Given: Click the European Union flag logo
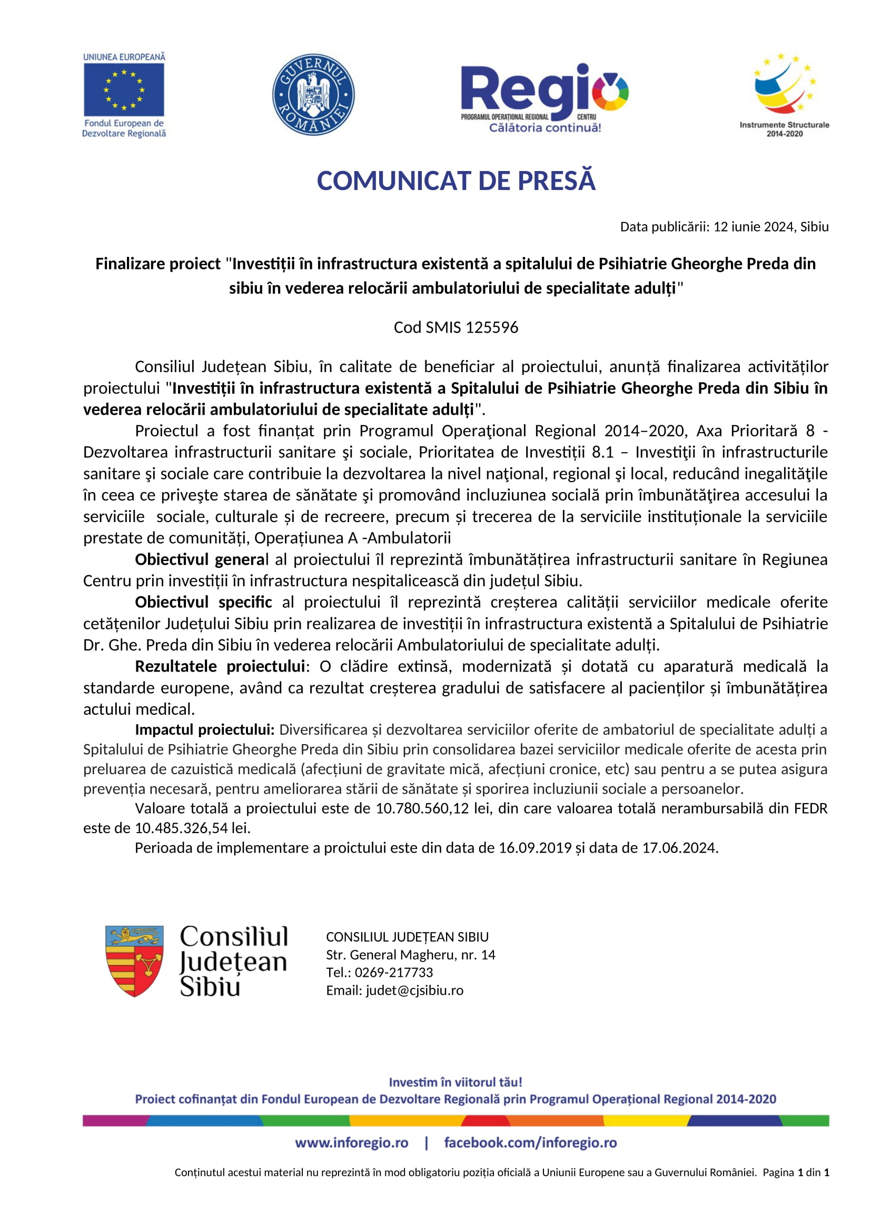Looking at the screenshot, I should pos(124,89).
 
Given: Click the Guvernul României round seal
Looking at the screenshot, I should pos(313,94).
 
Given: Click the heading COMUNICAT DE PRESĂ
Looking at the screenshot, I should pos(456,181).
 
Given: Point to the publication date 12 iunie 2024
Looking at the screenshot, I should pos(753,227).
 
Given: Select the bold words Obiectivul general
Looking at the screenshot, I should pos(202,560).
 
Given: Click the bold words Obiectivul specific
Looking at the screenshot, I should pos(203,603).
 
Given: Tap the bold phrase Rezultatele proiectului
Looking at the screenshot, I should pos(220,666).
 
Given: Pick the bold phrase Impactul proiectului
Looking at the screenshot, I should pos(204,729).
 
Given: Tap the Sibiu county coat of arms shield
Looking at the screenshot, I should pos(134,961).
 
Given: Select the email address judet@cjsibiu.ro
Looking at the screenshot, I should pos(414,990).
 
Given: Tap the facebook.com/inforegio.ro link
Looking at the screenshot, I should pos(530,1143).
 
